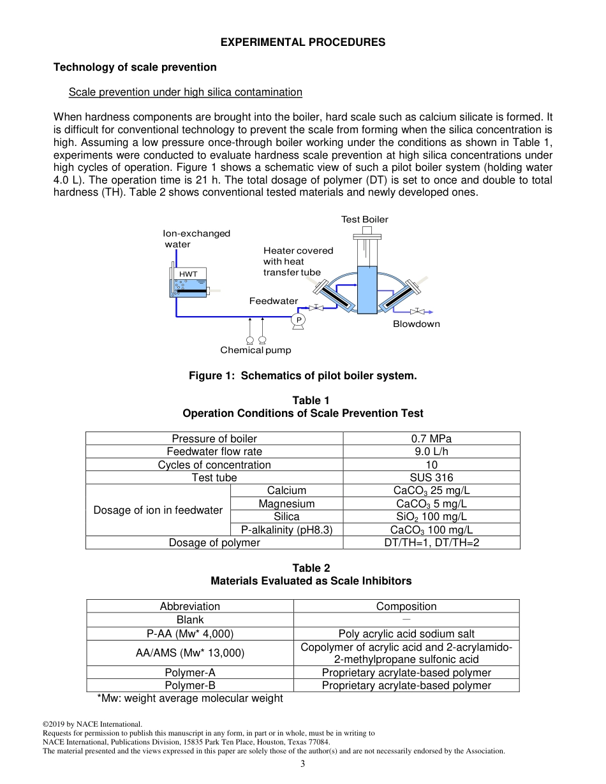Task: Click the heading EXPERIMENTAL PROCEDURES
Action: point(302,42)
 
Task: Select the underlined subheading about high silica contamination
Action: point(185,92)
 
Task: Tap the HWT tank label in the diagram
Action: point(188,274)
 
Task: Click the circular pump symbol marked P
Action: point(298,319)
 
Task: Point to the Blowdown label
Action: point(416,324)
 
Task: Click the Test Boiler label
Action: point(364,219)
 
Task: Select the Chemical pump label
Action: point(255,350)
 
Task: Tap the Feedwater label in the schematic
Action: point(273,301)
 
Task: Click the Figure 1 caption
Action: point(302,375)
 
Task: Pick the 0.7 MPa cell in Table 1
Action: point(431,439)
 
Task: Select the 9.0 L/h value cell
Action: point(431,451)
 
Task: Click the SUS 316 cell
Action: point(431,477)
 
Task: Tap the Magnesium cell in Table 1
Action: point(286,504)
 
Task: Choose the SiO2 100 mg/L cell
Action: point(431,516)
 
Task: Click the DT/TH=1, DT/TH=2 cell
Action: point(431,542)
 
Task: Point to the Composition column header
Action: point(406,606)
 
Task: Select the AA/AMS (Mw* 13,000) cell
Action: point(190,653)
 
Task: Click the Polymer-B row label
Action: point(190,685)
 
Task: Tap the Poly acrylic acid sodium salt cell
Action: point(406,634)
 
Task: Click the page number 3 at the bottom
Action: point(303,764)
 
